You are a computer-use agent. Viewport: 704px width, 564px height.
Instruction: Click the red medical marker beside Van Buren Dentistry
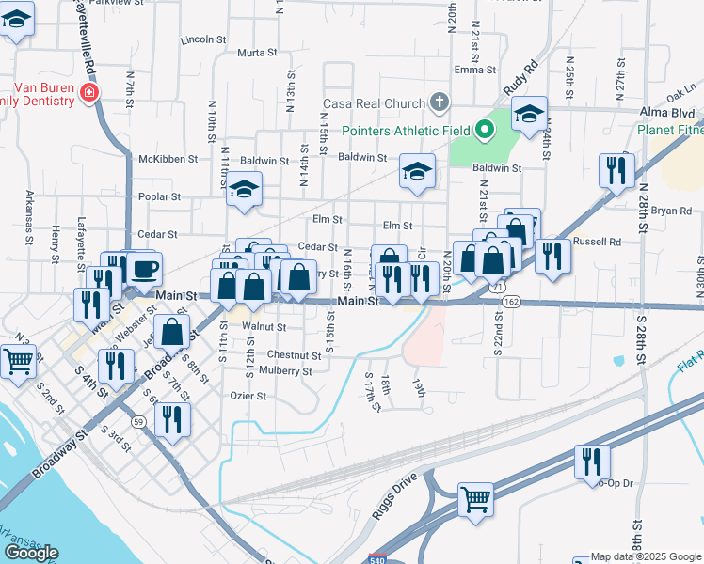[88, 92]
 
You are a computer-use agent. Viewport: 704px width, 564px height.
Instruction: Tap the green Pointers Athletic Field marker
[485, 130]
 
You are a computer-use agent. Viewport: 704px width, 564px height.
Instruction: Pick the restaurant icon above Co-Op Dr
[592, 461]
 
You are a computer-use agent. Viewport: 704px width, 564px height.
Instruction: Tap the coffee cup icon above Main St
[144, 269]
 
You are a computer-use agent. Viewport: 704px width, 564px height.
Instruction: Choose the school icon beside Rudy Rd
[530, 115]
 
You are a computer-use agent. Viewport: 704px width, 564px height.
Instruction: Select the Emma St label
[474, 70]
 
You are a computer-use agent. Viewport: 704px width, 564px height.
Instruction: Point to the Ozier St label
[248, 396]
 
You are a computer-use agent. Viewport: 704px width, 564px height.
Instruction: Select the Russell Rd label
[598, 242]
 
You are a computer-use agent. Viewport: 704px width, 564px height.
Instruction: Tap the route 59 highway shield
[138, 423]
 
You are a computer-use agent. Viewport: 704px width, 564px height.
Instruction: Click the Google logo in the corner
[31, 554]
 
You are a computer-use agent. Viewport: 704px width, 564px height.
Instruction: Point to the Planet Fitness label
[669, 131]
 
